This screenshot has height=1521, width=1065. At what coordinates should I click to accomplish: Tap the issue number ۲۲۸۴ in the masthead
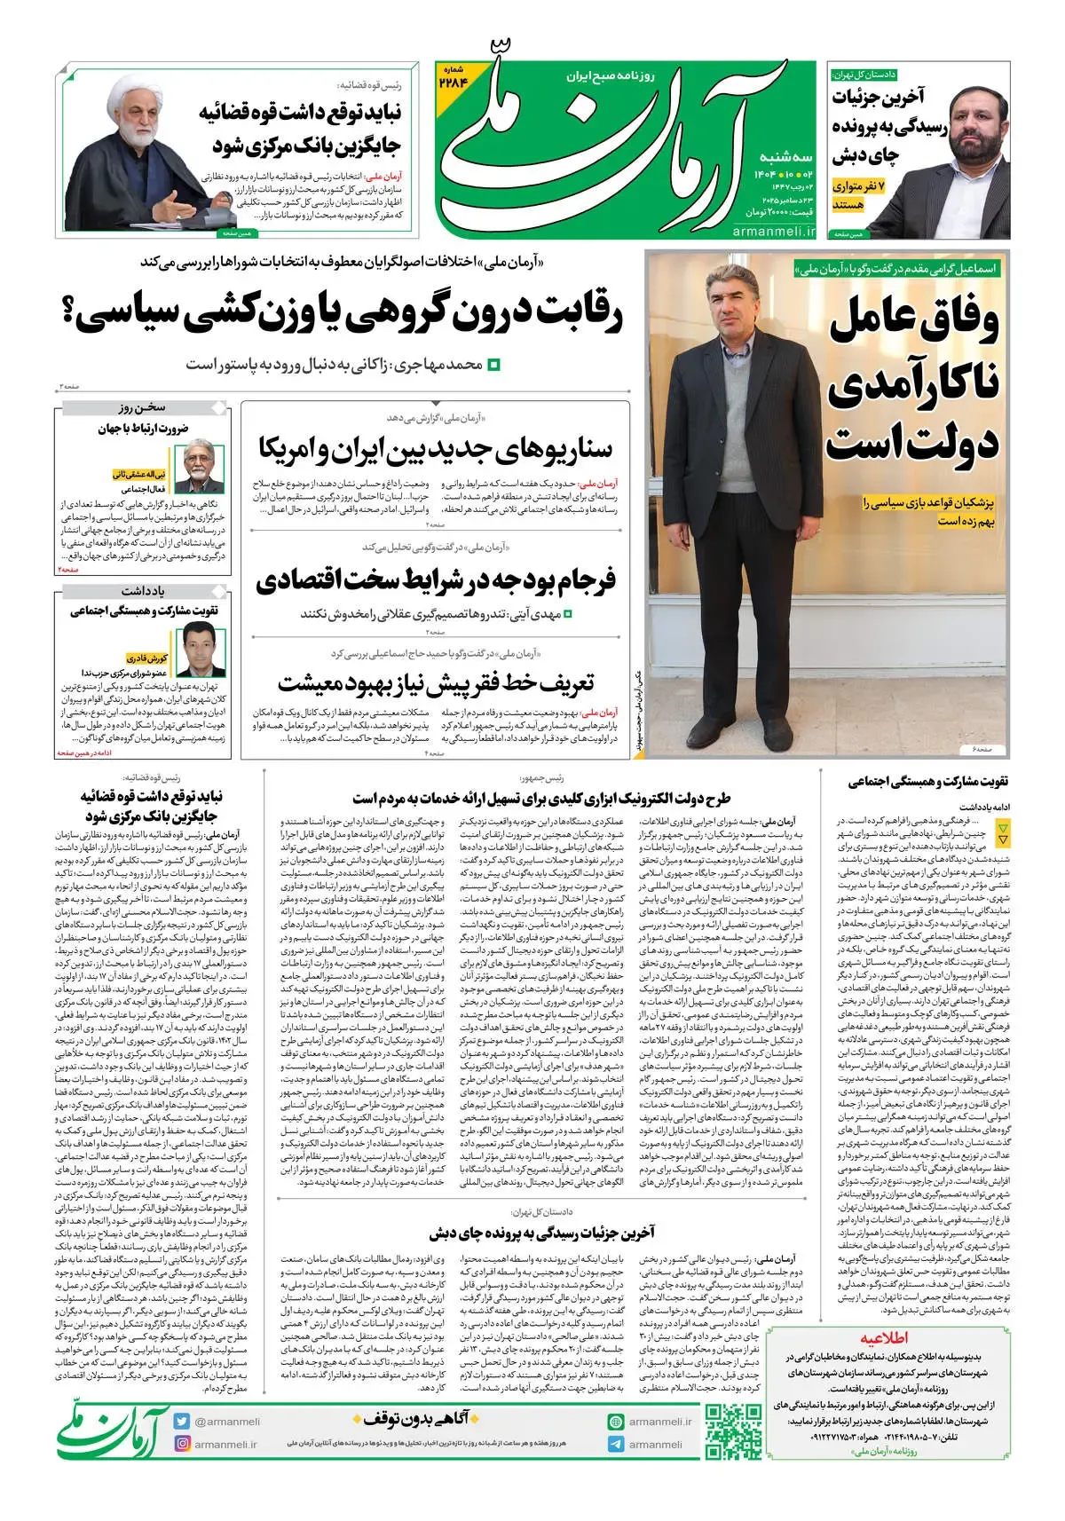point(453,80)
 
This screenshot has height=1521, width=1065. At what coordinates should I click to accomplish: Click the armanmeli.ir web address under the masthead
point(774,231)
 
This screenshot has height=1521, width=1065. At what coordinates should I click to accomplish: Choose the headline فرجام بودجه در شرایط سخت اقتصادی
point(435,580)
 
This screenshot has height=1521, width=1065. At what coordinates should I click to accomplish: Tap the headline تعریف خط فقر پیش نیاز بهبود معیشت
point(435,683)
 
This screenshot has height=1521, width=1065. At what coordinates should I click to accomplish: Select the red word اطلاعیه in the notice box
point(883,1338)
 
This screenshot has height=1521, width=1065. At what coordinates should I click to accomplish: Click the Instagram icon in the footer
point(183,1444)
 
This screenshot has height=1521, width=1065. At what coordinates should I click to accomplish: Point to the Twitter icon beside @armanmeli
point(183,1420)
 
